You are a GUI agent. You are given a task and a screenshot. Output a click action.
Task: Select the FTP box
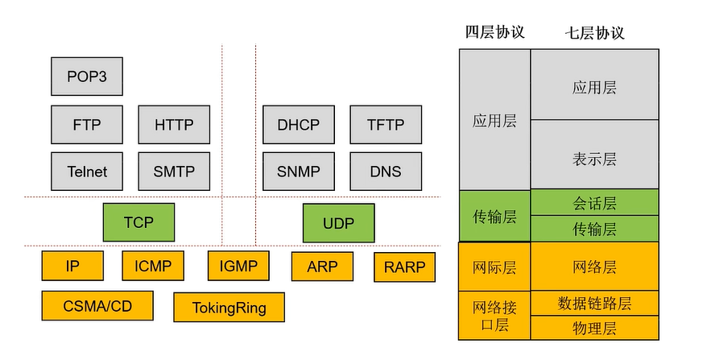click(87, 126)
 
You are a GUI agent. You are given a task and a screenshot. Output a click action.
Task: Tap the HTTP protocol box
click(174, 126)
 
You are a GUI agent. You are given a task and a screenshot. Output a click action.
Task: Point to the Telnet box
click(87, 172)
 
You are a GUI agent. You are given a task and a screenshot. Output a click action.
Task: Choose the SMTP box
click(174, 172)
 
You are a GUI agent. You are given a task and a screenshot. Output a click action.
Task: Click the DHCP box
click(298, 126)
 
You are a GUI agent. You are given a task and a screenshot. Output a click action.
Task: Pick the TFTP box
click(385, 126)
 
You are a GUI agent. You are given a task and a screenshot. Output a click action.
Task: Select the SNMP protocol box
click(298, 172)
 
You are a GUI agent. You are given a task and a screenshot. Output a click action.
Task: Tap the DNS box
click(385, 172)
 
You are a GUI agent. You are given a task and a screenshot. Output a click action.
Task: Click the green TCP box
click(138, 222)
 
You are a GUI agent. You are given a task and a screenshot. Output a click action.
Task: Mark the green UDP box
click(338, 222)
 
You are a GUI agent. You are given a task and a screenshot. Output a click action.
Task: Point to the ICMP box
click(153, 266)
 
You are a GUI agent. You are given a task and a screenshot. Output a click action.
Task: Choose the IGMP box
click(238, 266)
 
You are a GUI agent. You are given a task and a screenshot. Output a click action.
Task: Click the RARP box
click(404, 267)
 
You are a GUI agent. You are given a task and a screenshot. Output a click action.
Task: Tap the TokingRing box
click(229, 308)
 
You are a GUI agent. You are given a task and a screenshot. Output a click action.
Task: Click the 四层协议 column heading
click(494, 32)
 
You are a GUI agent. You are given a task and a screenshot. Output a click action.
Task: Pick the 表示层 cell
click(594, 159)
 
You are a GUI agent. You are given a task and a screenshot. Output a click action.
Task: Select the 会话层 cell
click(594, 203)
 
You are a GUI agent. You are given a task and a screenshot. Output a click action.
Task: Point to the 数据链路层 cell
click(594, 304)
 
